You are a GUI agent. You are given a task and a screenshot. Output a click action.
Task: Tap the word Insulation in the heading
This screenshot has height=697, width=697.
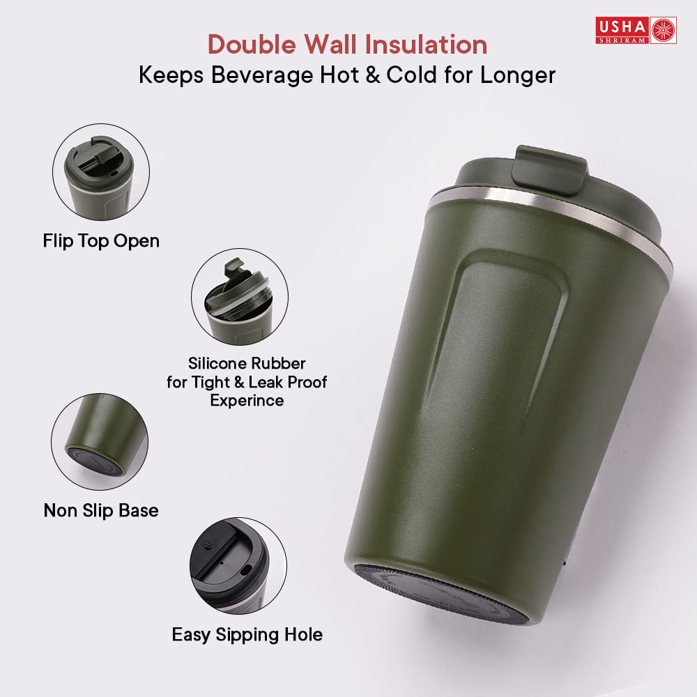[428, 45]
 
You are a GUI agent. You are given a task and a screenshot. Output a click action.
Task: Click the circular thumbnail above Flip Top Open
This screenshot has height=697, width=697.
[101, 173]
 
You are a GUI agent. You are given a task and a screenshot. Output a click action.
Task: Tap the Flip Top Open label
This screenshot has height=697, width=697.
[101, 241]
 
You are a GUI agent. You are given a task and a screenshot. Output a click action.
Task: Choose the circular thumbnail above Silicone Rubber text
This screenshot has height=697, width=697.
[239, 297]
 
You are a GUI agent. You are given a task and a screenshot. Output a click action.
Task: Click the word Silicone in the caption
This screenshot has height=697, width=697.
[217, 364]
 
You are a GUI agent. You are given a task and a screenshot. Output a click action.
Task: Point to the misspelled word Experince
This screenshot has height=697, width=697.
[247, 401]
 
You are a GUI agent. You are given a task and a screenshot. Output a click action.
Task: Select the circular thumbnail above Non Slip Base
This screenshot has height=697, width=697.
[99, 441]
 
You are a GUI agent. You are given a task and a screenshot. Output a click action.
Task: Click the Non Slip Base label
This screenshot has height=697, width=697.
[101, 511]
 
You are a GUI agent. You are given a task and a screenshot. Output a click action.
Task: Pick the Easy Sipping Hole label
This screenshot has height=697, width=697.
[247, 635]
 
